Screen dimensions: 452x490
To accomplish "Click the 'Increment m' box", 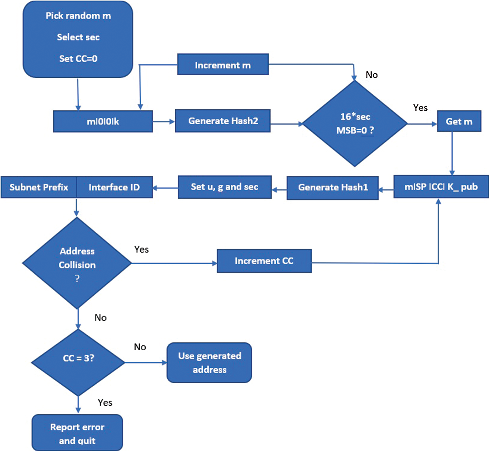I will point(223,65).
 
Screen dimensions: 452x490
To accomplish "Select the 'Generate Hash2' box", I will point(223,121).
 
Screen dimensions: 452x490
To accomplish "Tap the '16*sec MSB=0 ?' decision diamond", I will point(355,123).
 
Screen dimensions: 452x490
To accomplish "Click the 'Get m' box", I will point(459,121).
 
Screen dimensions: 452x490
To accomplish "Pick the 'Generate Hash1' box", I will point(333,187).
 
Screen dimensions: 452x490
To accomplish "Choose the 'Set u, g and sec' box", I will point(224,187).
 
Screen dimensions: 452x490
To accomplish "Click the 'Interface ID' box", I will point(114,187).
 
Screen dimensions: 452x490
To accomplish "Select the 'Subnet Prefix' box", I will point(39,187).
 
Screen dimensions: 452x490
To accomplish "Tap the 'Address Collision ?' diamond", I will point(77,263).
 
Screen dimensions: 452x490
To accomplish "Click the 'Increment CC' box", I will point(264,261).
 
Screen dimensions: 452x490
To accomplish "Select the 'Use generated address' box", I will point(209,363).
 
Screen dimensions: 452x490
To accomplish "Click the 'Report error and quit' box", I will point(77,433).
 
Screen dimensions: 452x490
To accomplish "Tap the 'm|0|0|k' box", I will point(103,122).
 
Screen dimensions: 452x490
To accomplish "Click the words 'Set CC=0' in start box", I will point(78,59).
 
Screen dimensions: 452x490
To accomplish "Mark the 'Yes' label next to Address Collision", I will point(141,249).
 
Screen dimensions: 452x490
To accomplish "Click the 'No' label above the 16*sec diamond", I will point(372,75).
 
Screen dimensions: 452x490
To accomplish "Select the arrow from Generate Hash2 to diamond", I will point(286,124).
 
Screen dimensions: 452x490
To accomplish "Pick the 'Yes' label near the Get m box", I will point(420,108).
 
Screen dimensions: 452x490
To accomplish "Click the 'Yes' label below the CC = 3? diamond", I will point(105,403).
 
